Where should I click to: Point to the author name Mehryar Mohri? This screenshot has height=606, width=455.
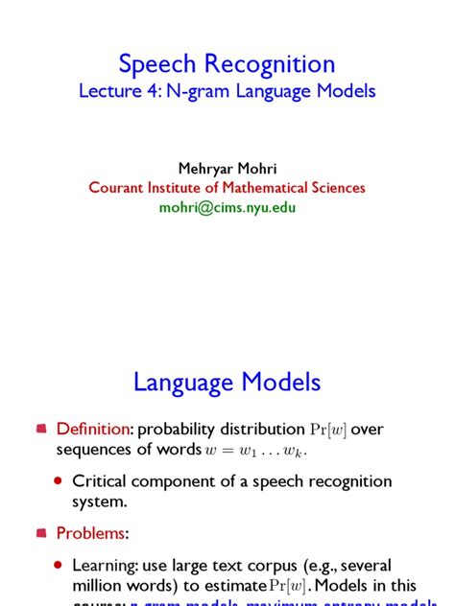click(227, 169)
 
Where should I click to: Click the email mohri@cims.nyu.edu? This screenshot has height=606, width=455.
click(227, 207)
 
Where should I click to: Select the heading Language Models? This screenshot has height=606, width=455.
click(227, 384)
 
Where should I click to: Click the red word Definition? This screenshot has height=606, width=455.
click(91, 430)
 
